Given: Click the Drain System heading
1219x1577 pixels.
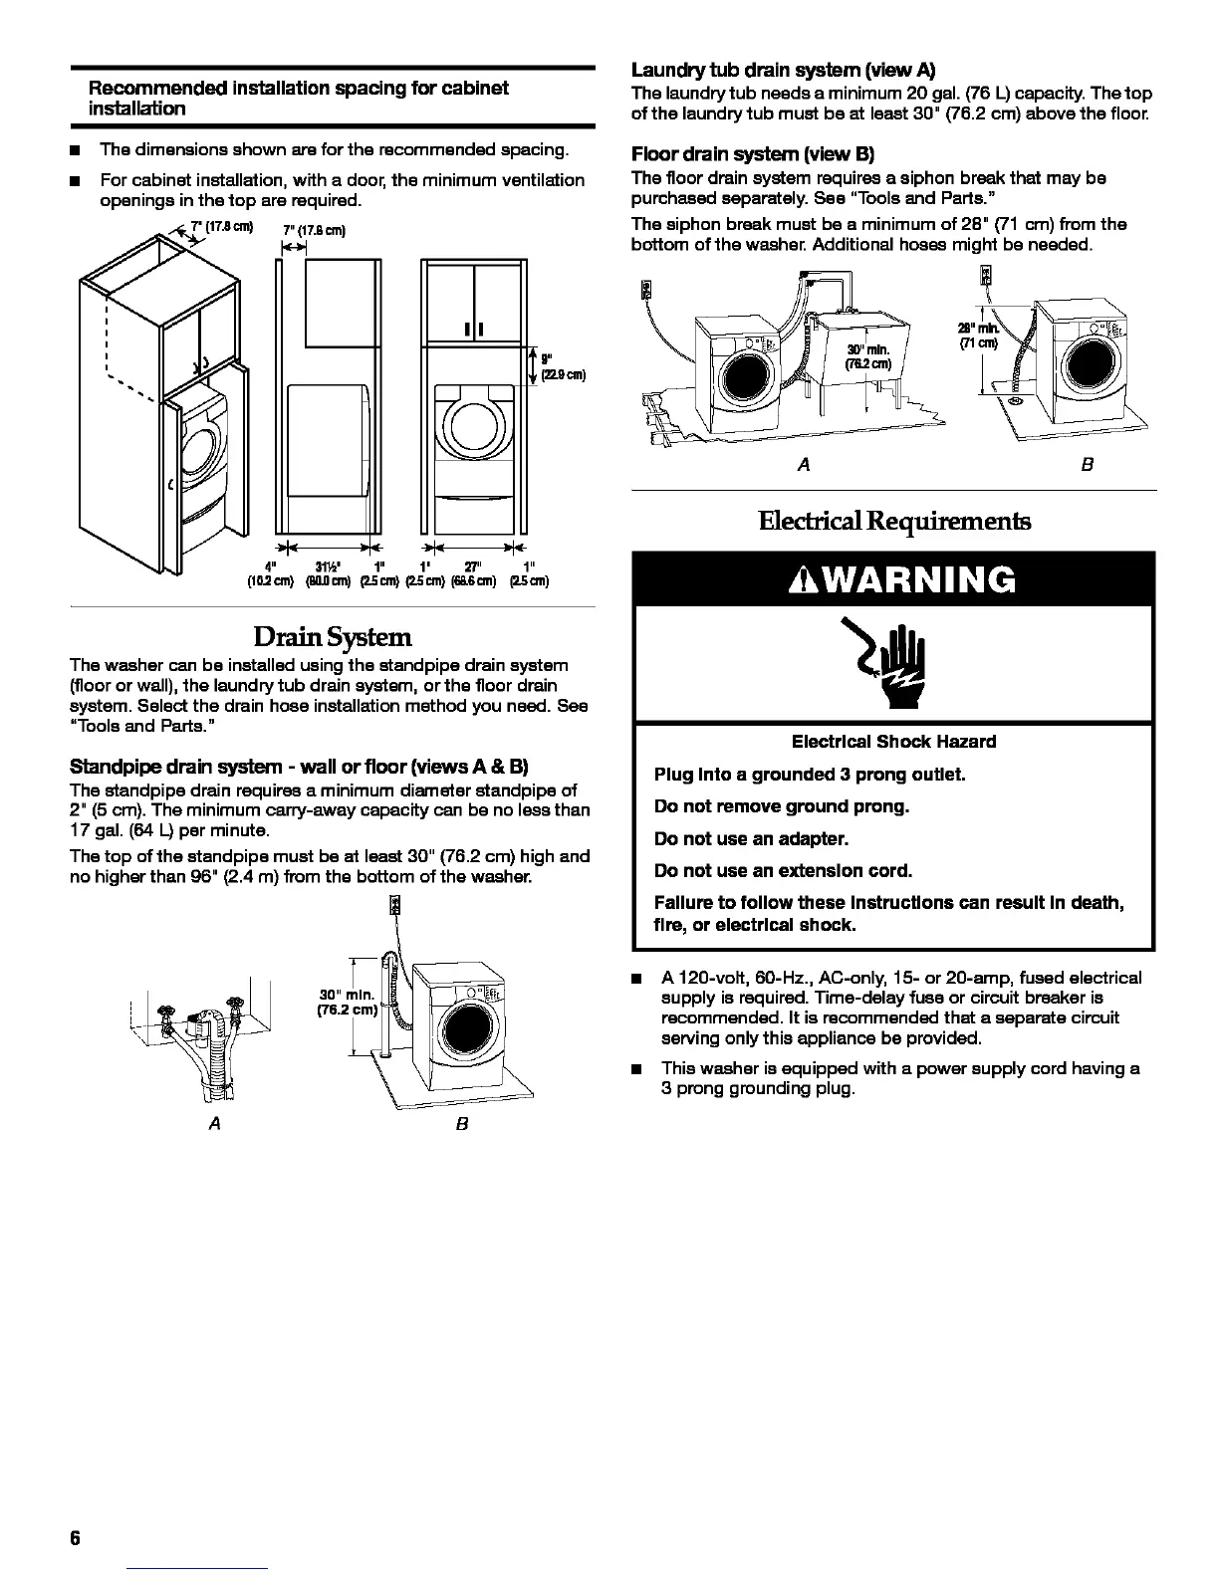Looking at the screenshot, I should [x=332, y=636].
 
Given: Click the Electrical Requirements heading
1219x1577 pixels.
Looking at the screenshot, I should [x=893, y=522].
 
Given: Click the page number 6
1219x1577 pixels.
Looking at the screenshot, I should [x=75, y=1537].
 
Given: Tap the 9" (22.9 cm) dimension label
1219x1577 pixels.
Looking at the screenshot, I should [x=559, y=366].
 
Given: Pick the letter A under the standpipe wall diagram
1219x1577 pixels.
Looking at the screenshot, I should [x=212, y=1123].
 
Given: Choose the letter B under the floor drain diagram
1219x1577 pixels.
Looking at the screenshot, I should [x=1088, y=465].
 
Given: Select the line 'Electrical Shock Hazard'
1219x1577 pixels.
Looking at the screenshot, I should [x=893, y=742].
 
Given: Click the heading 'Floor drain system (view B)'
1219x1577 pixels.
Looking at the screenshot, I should [x=752, y=155].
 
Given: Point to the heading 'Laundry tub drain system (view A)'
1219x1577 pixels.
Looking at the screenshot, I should [x=784, y=71].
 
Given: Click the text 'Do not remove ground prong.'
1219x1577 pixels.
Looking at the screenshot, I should [x=782, y=806].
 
